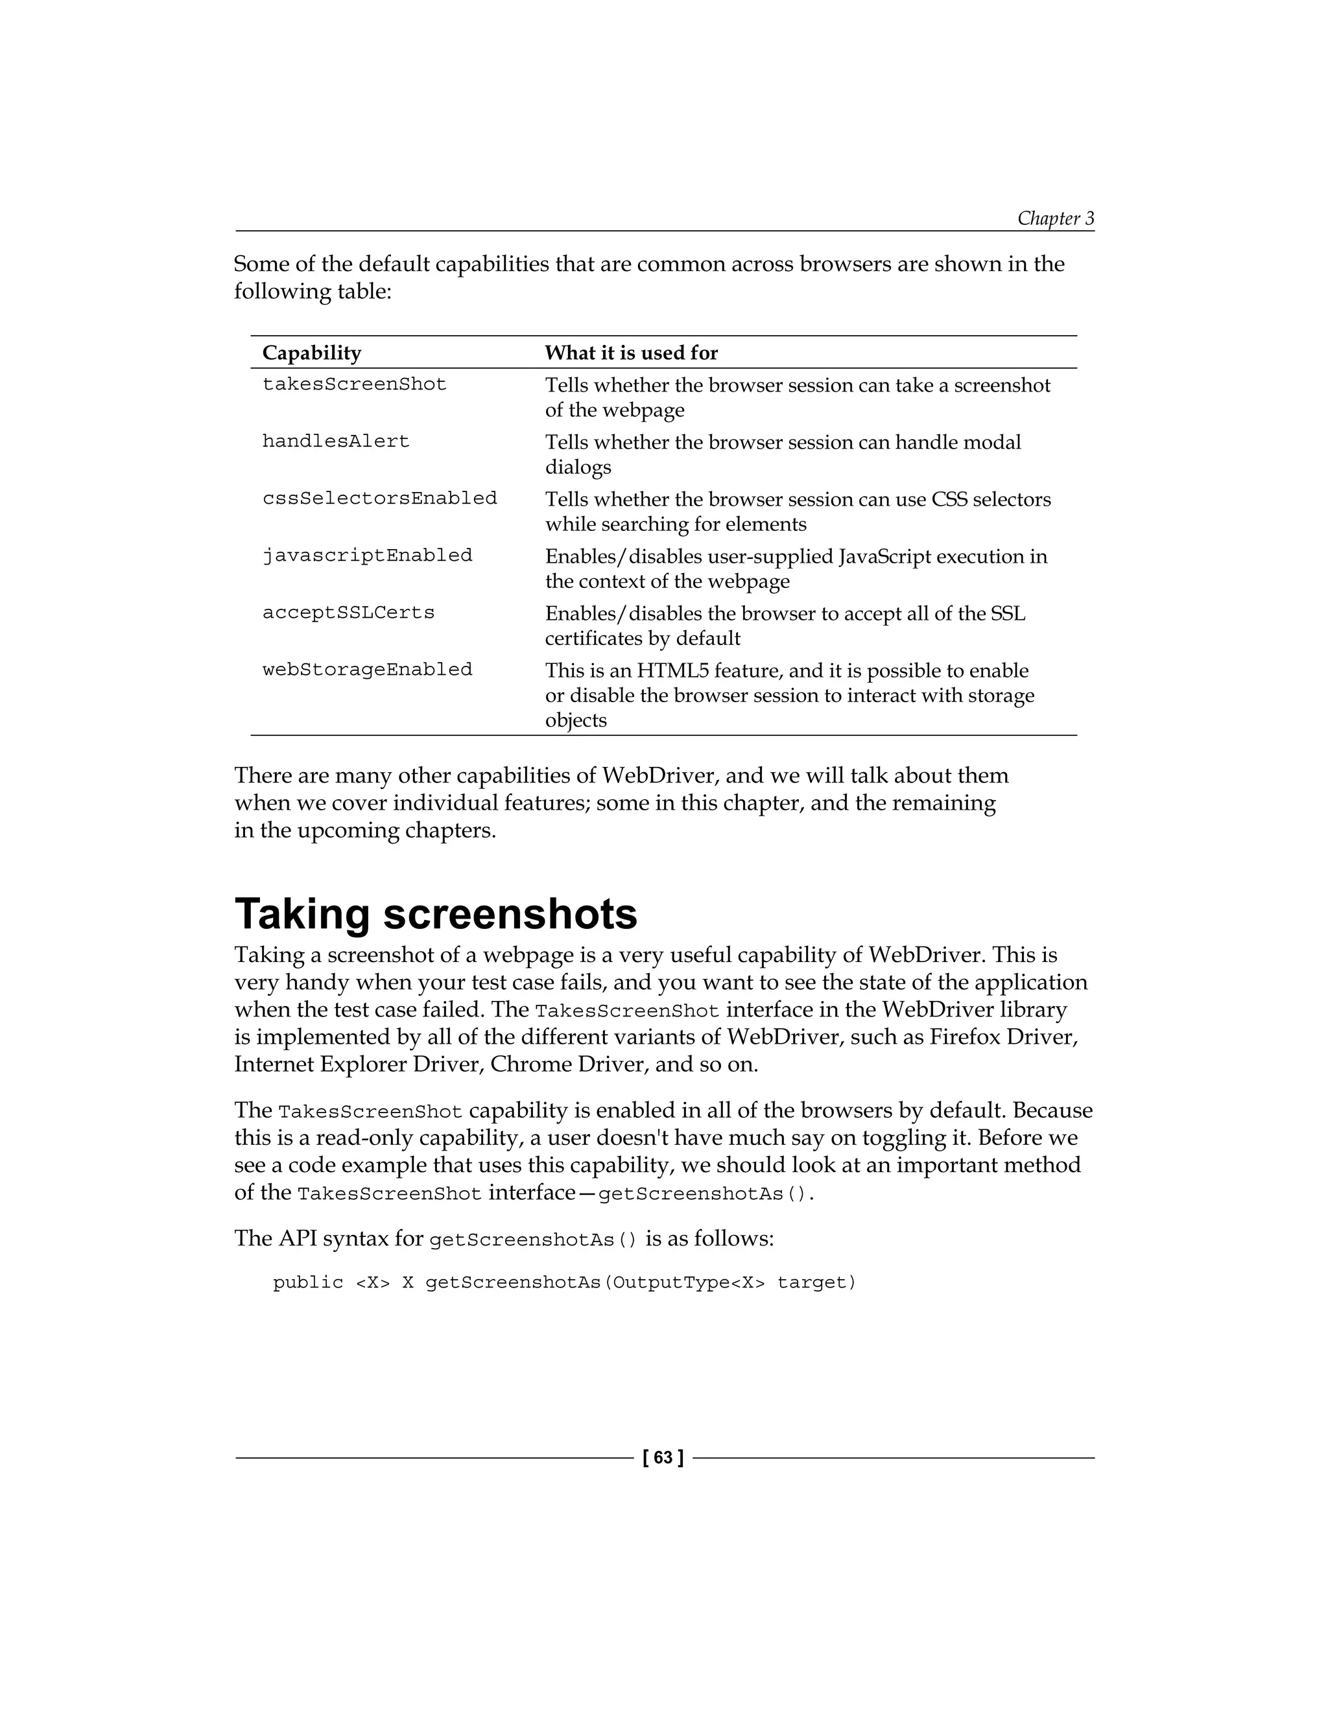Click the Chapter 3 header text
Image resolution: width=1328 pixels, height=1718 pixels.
[x=1055, y=218]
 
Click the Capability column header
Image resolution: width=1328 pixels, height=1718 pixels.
[x=311, y=353]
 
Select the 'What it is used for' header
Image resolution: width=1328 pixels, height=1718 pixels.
[x=631, y=353]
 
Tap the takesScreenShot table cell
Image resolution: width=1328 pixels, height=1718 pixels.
[x=354, y=384]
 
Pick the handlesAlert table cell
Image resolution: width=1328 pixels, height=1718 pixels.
[x=336, y=442]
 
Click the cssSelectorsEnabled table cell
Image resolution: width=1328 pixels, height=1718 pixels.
[x=379, y=499]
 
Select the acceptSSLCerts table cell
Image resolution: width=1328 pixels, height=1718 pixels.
[x=348, y=613]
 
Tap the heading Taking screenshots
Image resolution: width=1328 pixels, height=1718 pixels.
[x=436, y=914]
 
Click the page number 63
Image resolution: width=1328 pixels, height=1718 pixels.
[x=663, y=1457]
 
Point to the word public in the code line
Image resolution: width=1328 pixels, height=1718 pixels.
[x=307, y=1283]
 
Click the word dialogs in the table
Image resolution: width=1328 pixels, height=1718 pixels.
[x=578, y=467]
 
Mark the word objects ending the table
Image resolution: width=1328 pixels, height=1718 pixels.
[x=575, y=720]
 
